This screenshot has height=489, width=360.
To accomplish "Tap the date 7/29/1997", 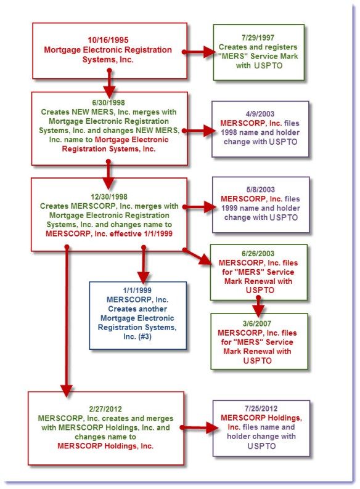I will (x=258, y=38).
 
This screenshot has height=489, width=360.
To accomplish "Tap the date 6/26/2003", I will (x=258, y=254).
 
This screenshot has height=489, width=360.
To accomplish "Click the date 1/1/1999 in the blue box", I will (x=137, y=289).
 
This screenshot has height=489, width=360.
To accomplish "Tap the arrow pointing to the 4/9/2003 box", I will (x=197, y=131).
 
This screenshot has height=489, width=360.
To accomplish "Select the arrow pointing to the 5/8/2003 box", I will (x=197, y=207).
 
